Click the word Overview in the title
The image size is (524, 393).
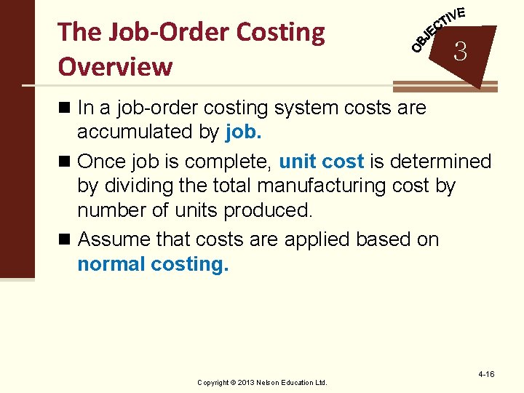[x=115, y=66]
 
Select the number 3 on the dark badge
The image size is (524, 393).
[x=459, y=52]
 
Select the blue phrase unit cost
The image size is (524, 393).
[x=321, y=161]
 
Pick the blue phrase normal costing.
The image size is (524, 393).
[x=153, y=264]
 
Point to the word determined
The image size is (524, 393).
[x=440, y=161]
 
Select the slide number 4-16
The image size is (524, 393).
[x=486, y=374]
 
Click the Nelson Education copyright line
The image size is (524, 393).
[x=263, y=382]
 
